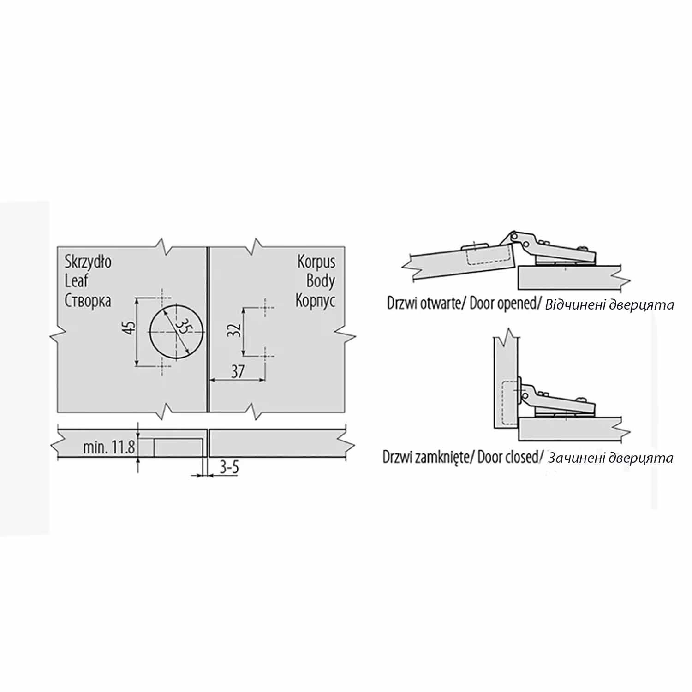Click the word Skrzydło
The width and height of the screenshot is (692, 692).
[x=88, y=262]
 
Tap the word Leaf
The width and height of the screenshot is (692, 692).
[x=77, y=281]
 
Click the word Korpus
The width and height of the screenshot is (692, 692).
[x=316, y=262]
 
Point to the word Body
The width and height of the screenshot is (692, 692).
[x=321, y=281]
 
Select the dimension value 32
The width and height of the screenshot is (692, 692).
[x=235, y=330]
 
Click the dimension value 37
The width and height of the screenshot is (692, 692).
[x=237, y=371]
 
